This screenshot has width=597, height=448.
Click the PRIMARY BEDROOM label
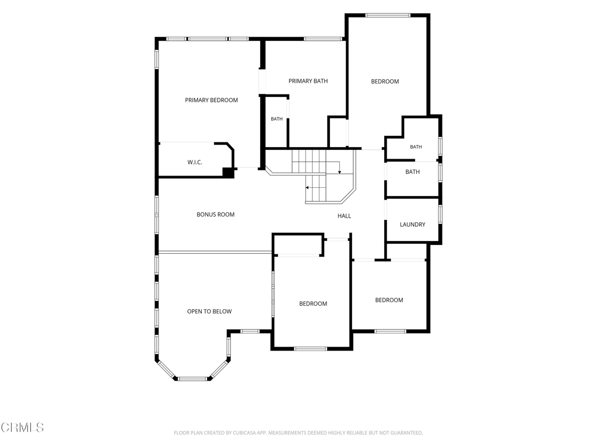(x=211, y=100)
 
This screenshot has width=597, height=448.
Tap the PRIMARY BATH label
(x=308, y=80)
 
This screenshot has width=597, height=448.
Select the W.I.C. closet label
(x=195, y=162)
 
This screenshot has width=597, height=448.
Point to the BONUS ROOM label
(x=216, y=215)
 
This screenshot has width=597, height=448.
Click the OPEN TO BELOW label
(x=209, y=311)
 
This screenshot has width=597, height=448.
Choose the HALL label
(x=344, y=216)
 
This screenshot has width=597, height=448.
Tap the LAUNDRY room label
(x=412, y=225)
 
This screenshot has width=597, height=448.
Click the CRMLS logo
(x=22, y=427)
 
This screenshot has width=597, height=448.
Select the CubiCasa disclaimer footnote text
(x=298, y=433)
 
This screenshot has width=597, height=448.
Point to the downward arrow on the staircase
(x=340, y=167)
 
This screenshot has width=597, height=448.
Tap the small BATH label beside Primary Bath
(x=277, y=119)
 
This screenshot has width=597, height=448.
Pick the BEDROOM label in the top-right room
(x=385, y=82)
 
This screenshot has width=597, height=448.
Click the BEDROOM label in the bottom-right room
(x=389, y=300)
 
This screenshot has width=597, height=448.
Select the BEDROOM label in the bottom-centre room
(x=313, y=303)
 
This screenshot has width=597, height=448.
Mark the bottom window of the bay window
(x=192, y=379)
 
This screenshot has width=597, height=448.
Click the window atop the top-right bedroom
(x=388, y=15)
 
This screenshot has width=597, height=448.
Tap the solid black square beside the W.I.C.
(x=229, y=173)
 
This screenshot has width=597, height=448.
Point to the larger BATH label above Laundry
(x=412, y=172)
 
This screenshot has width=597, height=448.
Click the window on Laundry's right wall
(x=440, y=214)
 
